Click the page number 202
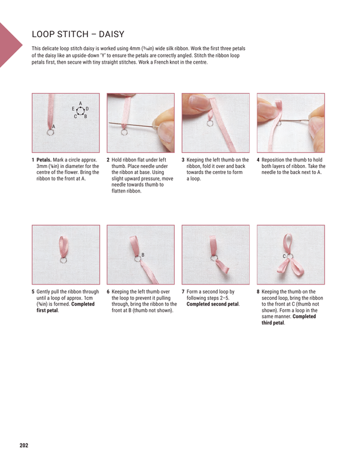[23, 445]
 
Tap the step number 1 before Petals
[33, 160]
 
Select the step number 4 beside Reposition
[259, 160]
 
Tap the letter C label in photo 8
[284, 257]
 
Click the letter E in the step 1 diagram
[73, 109]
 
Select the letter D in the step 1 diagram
[87, 109]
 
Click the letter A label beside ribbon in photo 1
[54, 127]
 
